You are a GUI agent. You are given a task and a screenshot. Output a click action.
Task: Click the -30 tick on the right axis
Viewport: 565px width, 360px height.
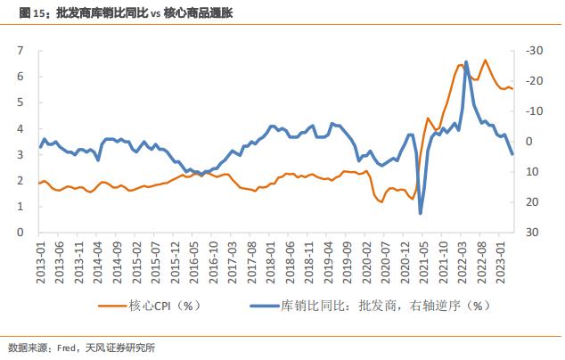click(x=532, y=51)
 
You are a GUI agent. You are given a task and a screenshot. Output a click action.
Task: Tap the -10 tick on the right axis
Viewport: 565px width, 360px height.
click(x=532, y=111)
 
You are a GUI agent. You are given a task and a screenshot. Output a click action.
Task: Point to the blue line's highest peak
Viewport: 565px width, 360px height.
click(x=467, y=62)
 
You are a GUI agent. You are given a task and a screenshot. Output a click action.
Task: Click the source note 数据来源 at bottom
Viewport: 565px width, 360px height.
click(x=81, y=348)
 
